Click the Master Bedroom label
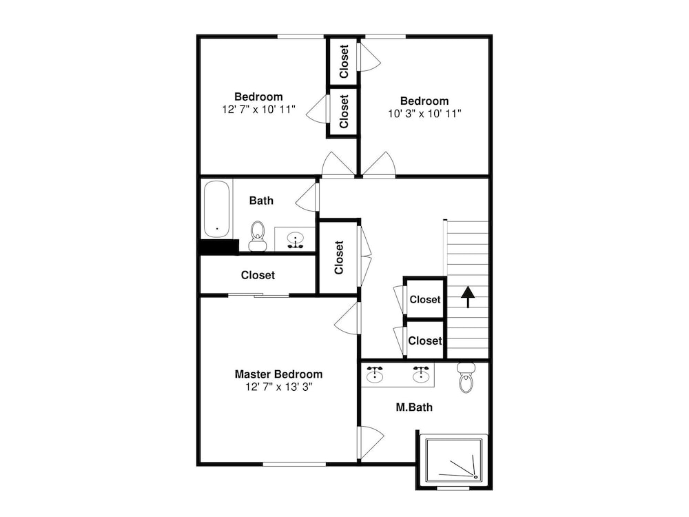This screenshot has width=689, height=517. (x=278, y=374)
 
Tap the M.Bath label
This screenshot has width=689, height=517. (x=414, y=407)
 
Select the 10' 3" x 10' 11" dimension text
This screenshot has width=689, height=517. (x=424, y=114)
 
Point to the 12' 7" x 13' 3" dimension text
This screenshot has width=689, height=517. (x=278, y=387)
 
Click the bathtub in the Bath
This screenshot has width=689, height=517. (x=216, y=210)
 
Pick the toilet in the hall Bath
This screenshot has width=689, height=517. (x=258, y=236)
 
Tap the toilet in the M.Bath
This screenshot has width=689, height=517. (x=466, y=377)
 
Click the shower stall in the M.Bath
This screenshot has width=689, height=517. (x=453, y=459)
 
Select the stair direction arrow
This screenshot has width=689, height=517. (x=468, y=297)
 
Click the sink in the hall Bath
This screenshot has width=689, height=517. (x=296, y=240)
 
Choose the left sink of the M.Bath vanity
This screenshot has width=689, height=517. (x=374, y=374)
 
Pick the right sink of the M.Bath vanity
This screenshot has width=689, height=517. (x=421, y=374)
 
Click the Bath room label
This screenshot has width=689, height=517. (x=261, y=201)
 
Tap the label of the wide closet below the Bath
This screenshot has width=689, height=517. (x=258, y=275)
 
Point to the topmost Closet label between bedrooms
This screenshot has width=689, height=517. (x=344, y=61)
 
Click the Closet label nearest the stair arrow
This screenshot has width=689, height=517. (x=425, y=299)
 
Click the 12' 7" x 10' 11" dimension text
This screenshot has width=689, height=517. (x=259, y=110)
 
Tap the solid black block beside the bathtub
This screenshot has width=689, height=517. (x=219, y=247)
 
